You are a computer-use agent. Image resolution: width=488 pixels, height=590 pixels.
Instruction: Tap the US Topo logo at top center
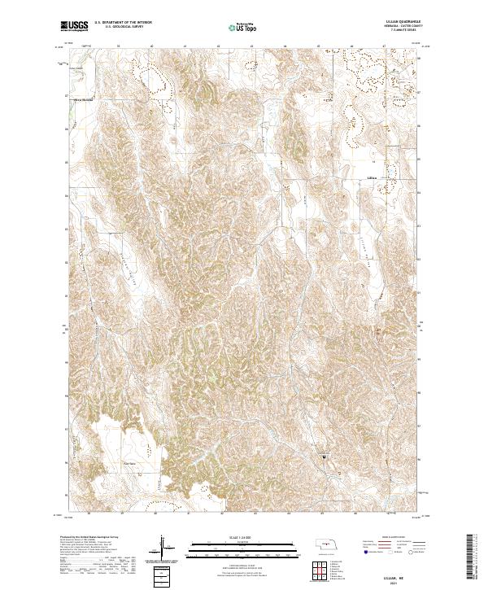point(242,28)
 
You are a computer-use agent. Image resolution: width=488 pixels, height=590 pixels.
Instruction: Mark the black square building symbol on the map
point(323,459)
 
